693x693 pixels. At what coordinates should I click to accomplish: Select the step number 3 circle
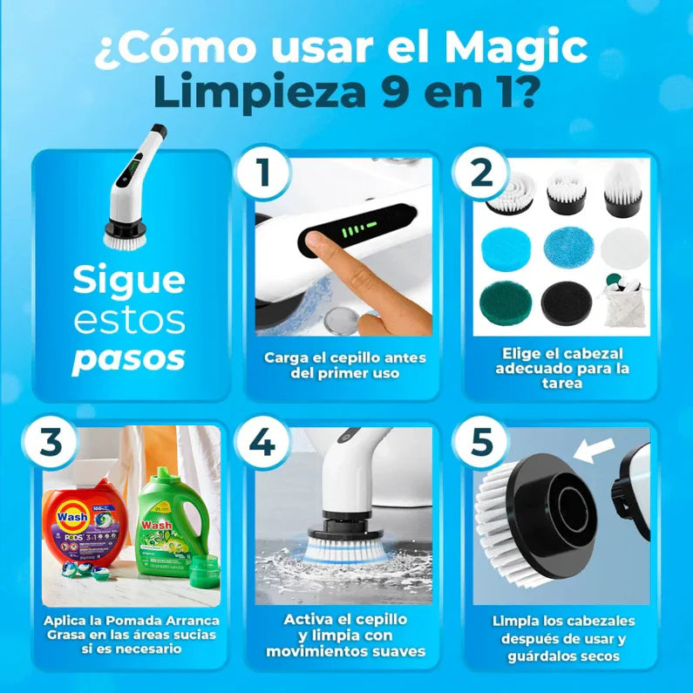coord(51,443)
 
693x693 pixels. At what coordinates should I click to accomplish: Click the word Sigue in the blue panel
coord(128,281)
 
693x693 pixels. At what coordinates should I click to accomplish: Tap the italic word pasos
coord(128,358)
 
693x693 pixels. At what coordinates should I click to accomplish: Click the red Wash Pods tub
coord(88,522)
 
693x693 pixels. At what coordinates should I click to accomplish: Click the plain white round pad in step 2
coord(622,249)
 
